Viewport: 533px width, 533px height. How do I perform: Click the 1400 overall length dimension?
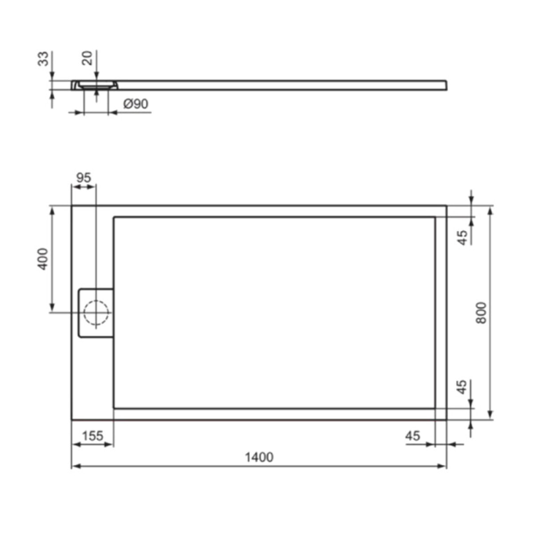pyautogui.click(x=259, y=457)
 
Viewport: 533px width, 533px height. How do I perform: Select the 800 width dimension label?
pyautogui.click(x=481, y=312)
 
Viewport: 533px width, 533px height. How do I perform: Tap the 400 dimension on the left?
pyautogui.click(x=43, y=259)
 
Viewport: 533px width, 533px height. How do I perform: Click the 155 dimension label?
pyautogui.click(x=92, y=436)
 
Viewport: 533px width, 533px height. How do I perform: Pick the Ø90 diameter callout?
pyautogui.click(x=135, y=104)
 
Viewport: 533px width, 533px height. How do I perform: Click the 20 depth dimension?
pyautogui.click(x=88, y=58)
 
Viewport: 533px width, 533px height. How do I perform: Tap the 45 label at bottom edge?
pyautogui.click(x=412, y=436)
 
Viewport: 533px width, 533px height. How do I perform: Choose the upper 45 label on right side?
pyautogui.click(x=463, y=238)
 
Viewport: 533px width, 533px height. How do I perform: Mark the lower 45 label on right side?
pyautogui.click(x=463, y=386)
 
